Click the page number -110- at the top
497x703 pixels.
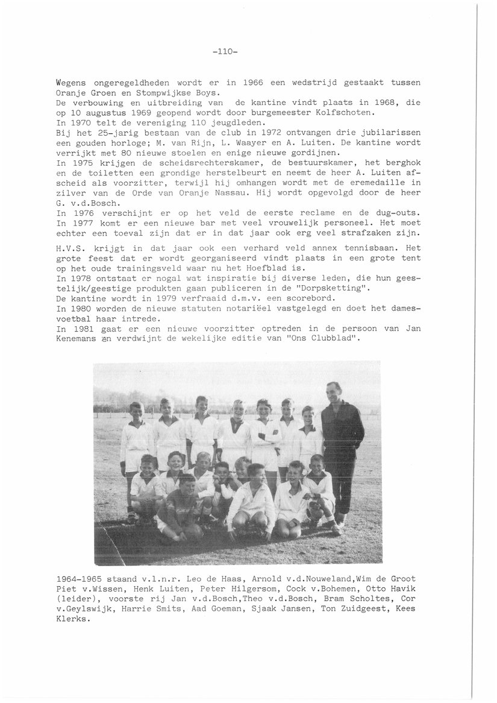pos(226,52)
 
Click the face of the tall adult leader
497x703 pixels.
pos(334,391)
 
